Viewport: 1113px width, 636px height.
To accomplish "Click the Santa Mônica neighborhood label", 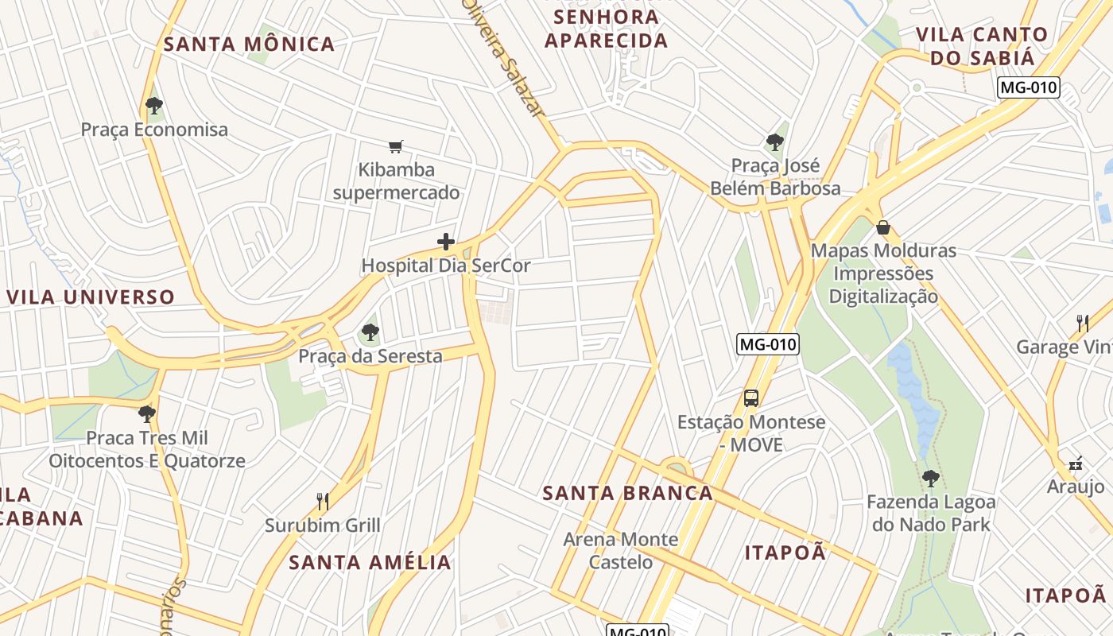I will tap(249, 45).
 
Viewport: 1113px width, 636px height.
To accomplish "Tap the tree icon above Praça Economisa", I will tap(154, 105).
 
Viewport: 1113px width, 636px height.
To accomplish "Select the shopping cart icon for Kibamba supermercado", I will tap(396, 145).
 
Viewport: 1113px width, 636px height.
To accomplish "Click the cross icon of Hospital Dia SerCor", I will tap(446, 242).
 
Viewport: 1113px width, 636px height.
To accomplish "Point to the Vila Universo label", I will tap(91, 297).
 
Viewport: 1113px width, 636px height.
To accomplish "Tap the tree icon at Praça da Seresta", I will tap(370, 332).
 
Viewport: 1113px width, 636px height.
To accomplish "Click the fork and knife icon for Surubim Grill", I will tap(322, 501).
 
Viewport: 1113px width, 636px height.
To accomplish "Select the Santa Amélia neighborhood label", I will tap(370, 562).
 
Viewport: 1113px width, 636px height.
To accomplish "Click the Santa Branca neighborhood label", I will tap(627, 493).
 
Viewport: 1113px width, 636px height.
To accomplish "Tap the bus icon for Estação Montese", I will tap(750, 397).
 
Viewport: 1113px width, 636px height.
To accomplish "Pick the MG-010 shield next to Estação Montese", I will tap(767, 344).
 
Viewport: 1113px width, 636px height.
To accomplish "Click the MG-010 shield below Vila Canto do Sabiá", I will tap(1029, 87).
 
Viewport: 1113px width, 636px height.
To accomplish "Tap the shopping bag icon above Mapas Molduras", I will tap(882, 228).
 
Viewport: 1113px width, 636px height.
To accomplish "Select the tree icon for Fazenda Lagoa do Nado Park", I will tap(930, 478).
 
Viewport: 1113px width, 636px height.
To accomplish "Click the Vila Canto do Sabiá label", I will tap(982, 45).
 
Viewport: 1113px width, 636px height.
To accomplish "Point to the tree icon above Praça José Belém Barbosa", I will tap(774, 142).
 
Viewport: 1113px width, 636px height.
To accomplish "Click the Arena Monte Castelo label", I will tap(620, 550).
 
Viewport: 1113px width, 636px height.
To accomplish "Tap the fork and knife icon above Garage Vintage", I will tap(1082, 323).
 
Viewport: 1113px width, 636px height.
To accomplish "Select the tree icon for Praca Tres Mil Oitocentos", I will tap(146, 413).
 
